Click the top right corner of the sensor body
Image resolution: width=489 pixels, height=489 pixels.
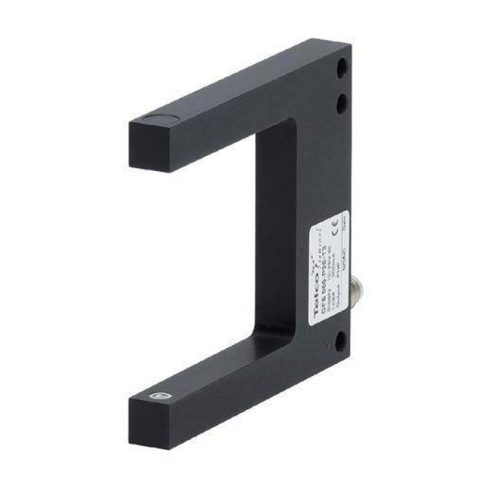point(350,45)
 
